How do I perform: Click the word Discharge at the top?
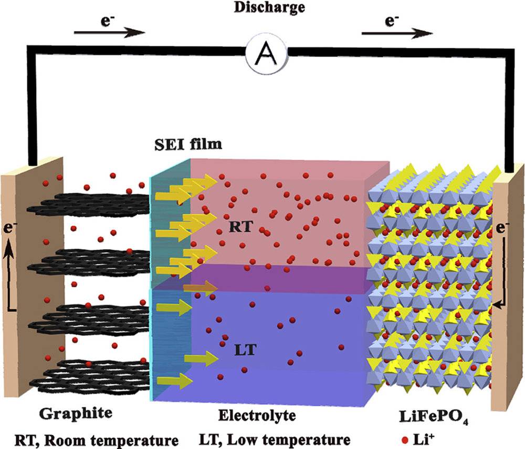pyautogui.click(x=269, y=7)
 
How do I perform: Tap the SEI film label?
pyautogui.click(x=188, y=144)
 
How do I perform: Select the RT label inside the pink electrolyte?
pyautogui.click(x=240, y=227)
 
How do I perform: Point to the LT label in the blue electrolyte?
pyautogui.click(x=245, y=350)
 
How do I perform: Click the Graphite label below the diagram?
pyautogui.click(x=76, y=413)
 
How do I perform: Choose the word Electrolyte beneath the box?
pyautogui.click(x=257, y=415)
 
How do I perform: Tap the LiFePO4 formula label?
pyautogui.click(x=434, y=417)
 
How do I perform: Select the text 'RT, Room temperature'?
pyautogui.click(x=97, y=440)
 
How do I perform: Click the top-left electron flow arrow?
pyautogui.click(x=110, y=33)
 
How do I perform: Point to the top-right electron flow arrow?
pyautogui.click(x=397, y=34)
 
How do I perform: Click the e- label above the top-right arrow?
pyautogui.click(x=392, y=21)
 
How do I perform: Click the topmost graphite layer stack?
pyautogui.click(x=89, y=204)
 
